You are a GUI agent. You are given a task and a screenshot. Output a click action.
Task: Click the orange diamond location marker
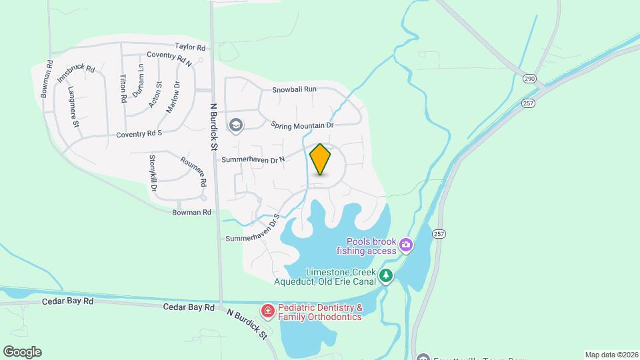[320, 159]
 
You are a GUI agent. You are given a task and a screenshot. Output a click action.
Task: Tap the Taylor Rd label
[190, 47]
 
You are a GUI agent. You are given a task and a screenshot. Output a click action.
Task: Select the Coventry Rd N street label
[169, 59]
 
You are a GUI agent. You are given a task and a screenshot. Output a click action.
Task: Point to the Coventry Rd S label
[139, 133]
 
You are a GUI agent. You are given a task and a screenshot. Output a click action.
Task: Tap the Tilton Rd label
[123, 88]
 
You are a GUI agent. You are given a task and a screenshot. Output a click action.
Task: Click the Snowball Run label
[294, 89]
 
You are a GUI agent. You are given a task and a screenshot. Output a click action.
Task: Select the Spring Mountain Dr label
[302, 125]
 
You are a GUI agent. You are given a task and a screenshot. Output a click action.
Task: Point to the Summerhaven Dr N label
[253, 159]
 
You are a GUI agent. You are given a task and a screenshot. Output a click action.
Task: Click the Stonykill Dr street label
[153, 173]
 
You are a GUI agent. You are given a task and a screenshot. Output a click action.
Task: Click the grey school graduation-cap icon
[235, 125]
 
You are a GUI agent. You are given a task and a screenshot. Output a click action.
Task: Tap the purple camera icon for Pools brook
[405, 247]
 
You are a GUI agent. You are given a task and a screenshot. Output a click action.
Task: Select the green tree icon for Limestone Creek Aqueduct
[385, 275]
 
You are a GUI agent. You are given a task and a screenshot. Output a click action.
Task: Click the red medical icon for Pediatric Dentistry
[267, 310]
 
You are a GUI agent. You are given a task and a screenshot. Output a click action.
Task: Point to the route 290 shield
[529, 79]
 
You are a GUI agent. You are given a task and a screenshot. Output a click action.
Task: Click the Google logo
[21, 352]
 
